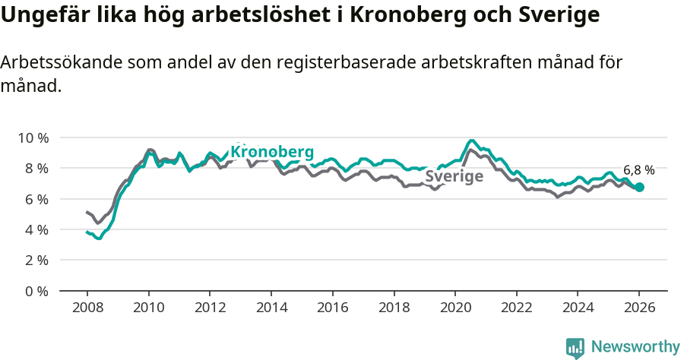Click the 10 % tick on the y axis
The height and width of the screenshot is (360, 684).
point(33,137)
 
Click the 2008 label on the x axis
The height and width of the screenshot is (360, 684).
point(87,308)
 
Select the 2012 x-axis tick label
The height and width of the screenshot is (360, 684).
point(210,308)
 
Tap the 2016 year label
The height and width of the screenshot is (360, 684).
point(332,308)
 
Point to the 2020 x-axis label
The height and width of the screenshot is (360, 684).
point(454,308)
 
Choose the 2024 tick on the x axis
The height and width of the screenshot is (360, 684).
point(578,308)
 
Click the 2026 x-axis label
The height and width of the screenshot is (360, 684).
point(639,308)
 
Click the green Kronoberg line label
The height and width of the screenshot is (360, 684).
point(272,152)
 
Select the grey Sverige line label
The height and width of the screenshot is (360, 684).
point(454,177)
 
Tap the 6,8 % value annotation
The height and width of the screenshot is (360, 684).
point(638,170)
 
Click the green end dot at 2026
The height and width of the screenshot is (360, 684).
point(639,187)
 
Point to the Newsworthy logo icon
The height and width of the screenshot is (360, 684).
point(575,347)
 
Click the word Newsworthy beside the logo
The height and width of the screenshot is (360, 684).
point(635,347)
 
